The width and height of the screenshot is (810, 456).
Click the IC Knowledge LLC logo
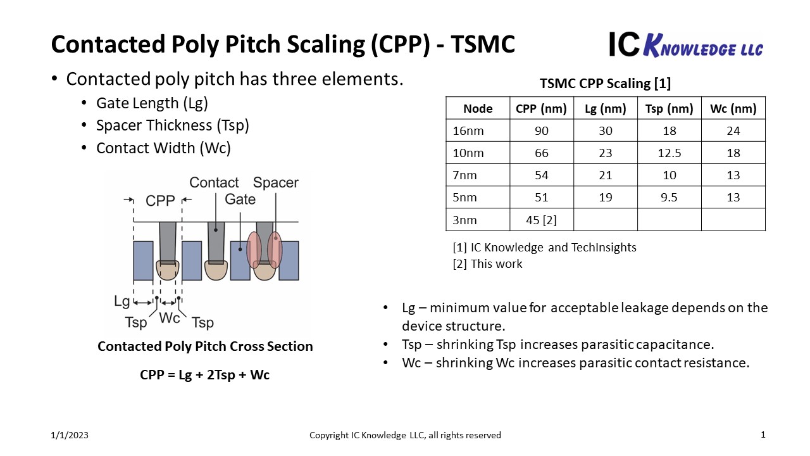686,45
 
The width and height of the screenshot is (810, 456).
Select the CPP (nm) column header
541,108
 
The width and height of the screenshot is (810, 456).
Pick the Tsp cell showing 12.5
669,153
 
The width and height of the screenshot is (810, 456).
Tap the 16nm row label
468,130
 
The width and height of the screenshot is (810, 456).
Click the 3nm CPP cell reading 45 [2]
541,220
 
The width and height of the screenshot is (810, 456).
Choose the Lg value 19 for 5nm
606,198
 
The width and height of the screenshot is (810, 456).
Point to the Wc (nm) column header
733,108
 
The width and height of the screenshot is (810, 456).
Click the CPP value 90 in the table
541,130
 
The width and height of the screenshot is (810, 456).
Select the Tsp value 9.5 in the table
669,198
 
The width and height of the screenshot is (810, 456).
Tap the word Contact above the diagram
214,182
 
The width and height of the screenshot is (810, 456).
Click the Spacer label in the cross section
275,182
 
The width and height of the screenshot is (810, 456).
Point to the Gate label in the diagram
240,199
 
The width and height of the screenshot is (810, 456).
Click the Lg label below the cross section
121,301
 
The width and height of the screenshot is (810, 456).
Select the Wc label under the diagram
169,318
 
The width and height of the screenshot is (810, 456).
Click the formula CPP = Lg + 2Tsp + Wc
204,375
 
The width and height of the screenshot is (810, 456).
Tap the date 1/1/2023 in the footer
70,435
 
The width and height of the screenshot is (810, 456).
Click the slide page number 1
763,434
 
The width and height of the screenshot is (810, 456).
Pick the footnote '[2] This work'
487,264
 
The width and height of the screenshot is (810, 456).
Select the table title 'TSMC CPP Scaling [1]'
606,84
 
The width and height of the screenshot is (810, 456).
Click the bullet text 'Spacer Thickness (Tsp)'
173,125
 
